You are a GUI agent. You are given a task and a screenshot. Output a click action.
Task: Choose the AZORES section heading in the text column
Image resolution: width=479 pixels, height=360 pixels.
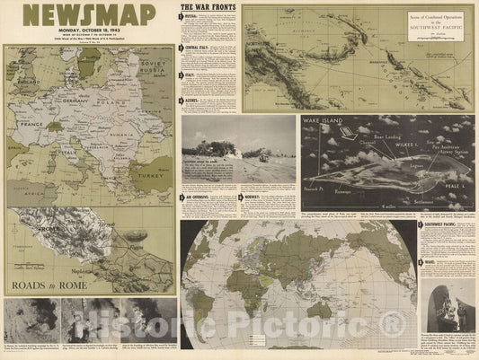click(195, 100)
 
